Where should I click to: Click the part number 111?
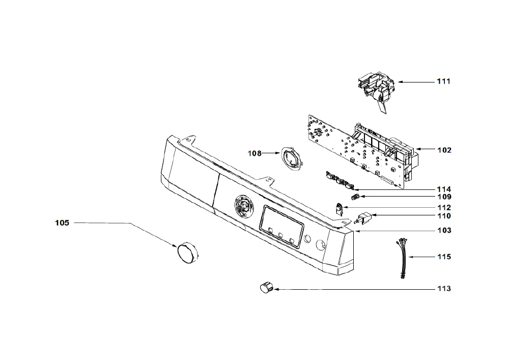[443, 81]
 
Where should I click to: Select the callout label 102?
[444, 150]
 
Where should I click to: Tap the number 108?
[254, 153]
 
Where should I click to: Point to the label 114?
[444, 189]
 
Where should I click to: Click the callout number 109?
[444, 197]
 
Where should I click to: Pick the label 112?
[444, 207]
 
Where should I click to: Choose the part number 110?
[444, 216]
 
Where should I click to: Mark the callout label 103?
[444, 230]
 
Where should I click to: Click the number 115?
[444, 257]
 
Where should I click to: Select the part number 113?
[444, 289]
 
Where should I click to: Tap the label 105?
[62, 223]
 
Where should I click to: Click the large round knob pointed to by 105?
[187, 253]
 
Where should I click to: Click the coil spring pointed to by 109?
[356, 197]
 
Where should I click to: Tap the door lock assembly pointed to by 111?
[377, 92]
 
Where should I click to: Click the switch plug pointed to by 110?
[363, 217]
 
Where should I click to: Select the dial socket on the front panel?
[243, 206]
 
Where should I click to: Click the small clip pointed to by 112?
[339, 208]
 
